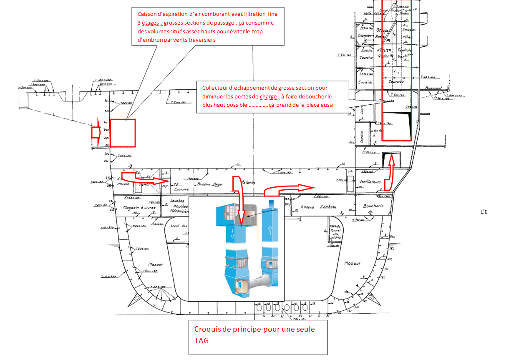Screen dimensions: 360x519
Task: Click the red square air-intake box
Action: (123, 133)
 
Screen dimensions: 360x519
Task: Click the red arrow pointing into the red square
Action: (96, 133)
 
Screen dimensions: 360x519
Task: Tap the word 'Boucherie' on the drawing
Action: (373, 206)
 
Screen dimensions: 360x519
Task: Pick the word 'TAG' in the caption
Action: (202, 340)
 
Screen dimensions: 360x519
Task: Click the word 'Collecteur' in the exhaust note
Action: (217, 88)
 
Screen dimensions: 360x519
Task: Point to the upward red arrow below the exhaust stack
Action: (390, 171)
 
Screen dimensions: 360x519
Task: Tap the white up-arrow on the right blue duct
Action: (270, 229)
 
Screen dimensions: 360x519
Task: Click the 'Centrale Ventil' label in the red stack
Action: (403, 53)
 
